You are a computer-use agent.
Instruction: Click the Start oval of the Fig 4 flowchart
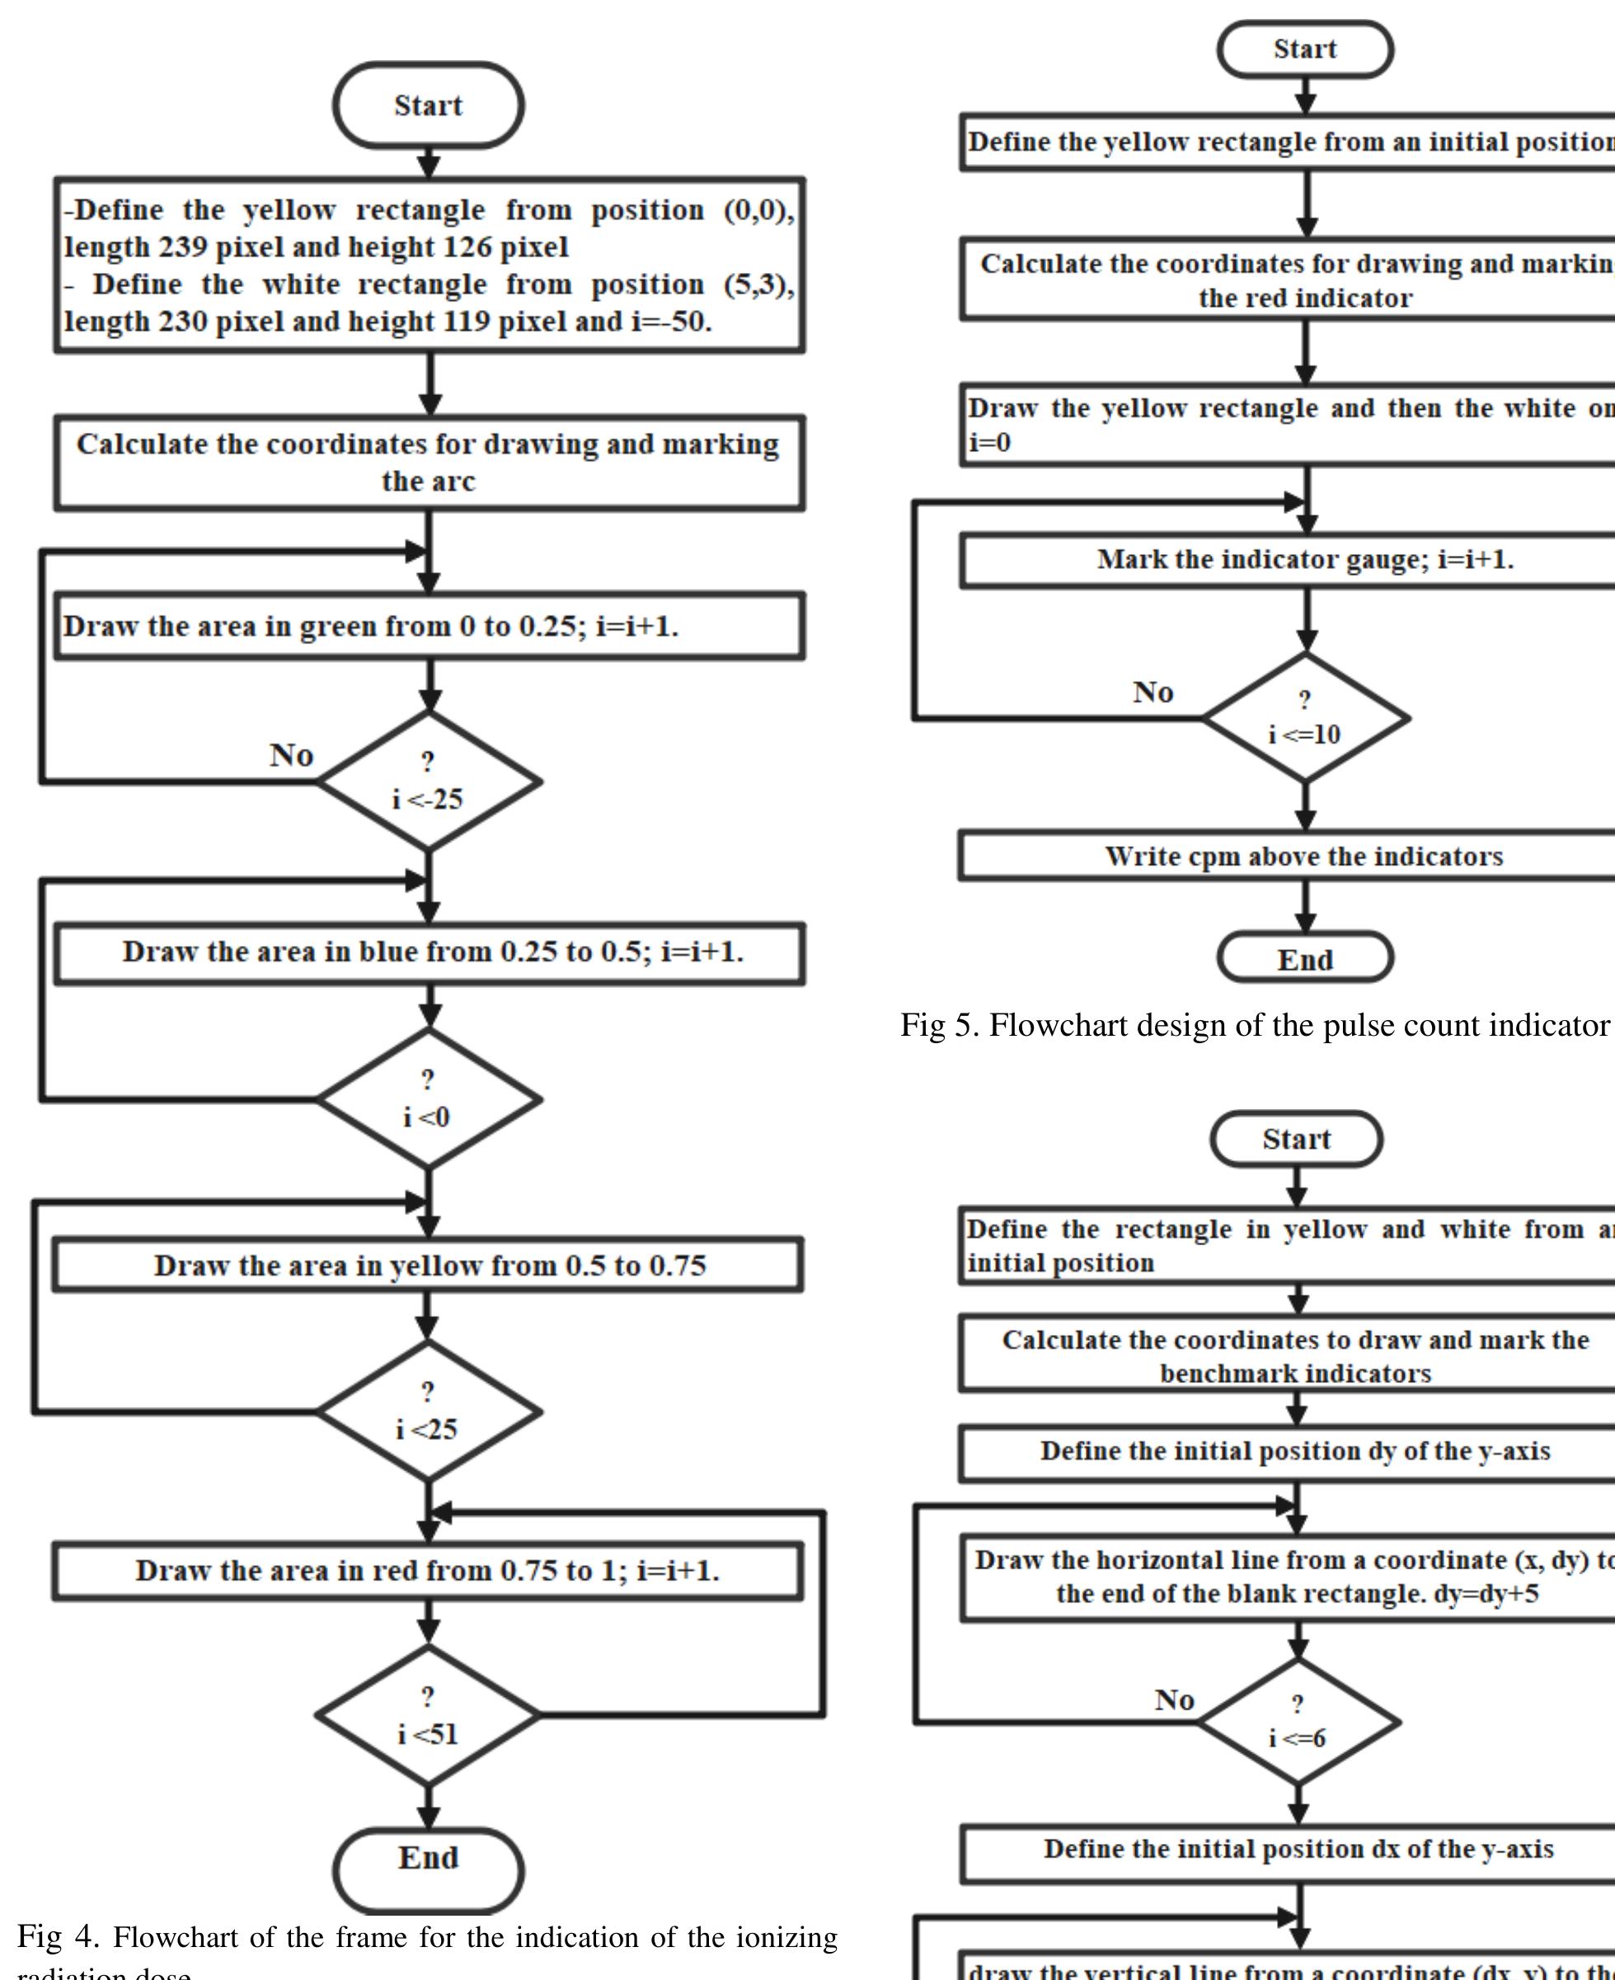[428, 105]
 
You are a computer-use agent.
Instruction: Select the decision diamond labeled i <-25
[428, 781]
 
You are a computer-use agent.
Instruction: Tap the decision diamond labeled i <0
[428, 1098]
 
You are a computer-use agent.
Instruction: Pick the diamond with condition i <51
[428, 1714]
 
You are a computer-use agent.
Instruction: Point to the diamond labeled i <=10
[1305, 717]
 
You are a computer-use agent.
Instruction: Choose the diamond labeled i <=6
[1298, 1721]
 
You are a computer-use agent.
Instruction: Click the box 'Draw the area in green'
[428, 626]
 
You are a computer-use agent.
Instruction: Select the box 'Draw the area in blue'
[428, 952]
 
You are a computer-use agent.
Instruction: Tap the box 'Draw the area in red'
[428, 1571]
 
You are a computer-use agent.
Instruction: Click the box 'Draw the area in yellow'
[428, 1265]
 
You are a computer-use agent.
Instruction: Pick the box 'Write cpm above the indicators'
[1303, 856]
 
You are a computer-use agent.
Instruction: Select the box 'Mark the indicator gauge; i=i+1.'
[1303, 560]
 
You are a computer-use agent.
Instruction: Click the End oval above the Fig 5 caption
[1304, 958]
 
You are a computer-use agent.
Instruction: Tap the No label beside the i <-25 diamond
[291, 755]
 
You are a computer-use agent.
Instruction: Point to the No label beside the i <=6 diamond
[1174, 1700]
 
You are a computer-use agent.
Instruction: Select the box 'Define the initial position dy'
[1295, 1451]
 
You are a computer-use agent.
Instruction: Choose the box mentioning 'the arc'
[428, 463]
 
